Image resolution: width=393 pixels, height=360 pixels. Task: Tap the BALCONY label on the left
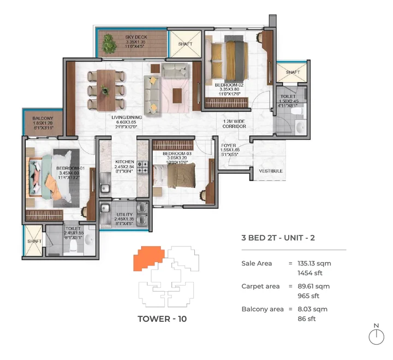click(x=43, y=118)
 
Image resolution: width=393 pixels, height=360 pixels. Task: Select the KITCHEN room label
click(x=124, y=162)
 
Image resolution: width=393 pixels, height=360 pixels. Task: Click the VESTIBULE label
click(x=270, y=171)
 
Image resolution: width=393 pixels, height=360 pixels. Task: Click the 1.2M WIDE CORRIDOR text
click(x=234, y=123)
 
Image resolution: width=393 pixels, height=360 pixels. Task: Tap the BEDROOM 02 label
click(x=227, y=85)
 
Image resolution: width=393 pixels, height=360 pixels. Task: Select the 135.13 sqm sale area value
click(x=316, y=263)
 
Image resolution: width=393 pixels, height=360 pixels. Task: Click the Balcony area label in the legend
click(x=262, y=309)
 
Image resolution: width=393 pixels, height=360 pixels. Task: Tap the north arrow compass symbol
click(x=376, y=335)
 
